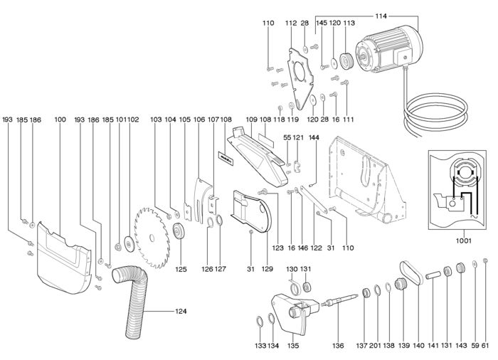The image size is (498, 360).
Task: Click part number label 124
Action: pos(181,312)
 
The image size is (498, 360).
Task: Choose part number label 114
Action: pos(379,16)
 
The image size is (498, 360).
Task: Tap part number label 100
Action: pos(60,120)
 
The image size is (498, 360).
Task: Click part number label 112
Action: pos(290,23)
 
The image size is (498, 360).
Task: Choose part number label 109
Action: pos(251,120)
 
